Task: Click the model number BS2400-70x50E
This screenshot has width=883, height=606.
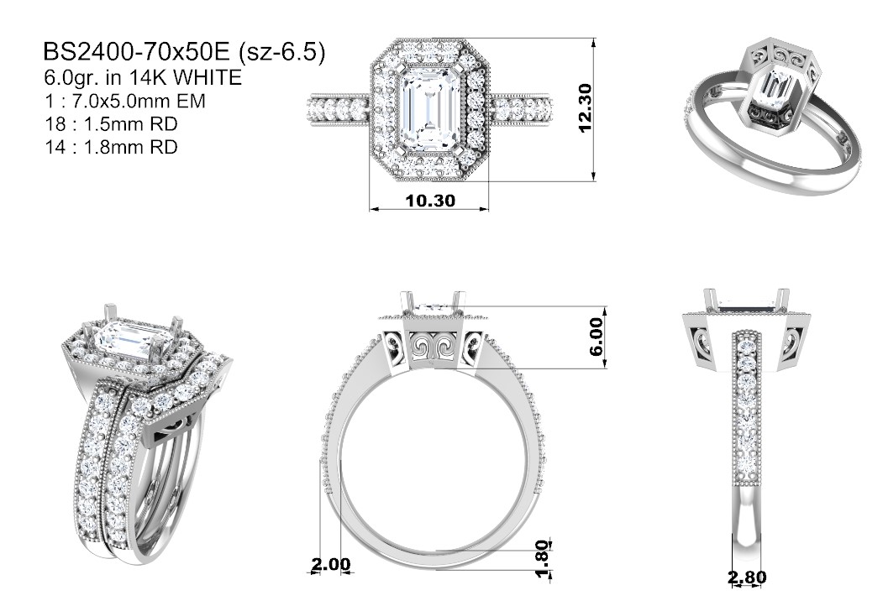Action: pos(137,52)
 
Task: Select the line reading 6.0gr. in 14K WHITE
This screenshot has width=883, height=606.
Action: pos(143,78)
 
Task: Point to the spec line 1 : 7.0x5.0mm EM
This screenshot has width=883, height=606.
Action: pos(124,101)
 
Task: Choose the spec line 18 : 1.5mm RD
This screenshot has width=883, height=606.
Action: pos(111,123)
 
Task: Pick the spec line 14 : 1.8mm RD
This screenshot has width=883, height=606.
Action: pos(111,147)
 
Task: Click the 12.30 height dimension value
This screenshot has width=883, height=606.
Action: pos(585,108)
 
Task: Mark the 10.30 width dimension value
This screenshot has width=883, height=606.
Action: pos(430,201)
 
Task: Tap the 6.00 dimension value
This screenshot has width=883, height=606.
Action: pos(597,337)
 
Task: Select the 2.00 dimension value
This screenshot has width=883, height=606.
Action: pos(330,564)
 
